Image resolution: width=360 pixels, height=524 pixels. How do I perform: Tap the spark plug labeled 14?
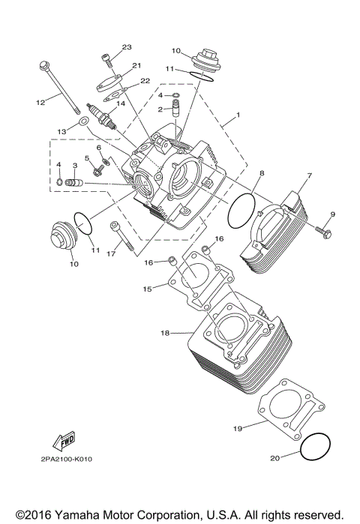coord(103,116)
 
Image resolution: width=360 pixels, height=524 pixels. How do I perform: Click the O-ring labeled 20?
coord(316,448)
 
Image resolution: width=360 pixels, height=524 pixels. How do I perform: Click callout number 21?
coord(137,66)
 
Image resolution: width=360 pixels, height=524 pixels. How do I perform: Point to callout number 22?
coord(145,81)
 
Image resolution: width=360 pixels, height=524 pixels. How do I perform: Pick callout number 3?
coord(75,165)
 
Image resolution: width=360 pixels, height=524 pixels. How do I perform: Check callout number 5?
coord(86,158)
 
